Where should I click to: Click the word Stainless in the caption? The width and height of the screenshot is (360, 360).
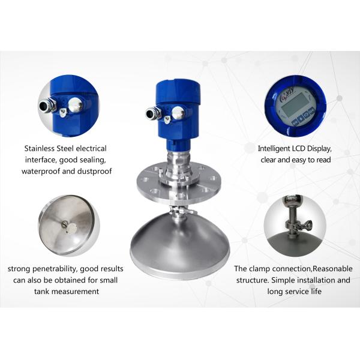point(39,148)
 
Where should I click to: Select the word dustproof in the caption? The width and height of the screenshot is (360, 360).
point(94,171)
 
